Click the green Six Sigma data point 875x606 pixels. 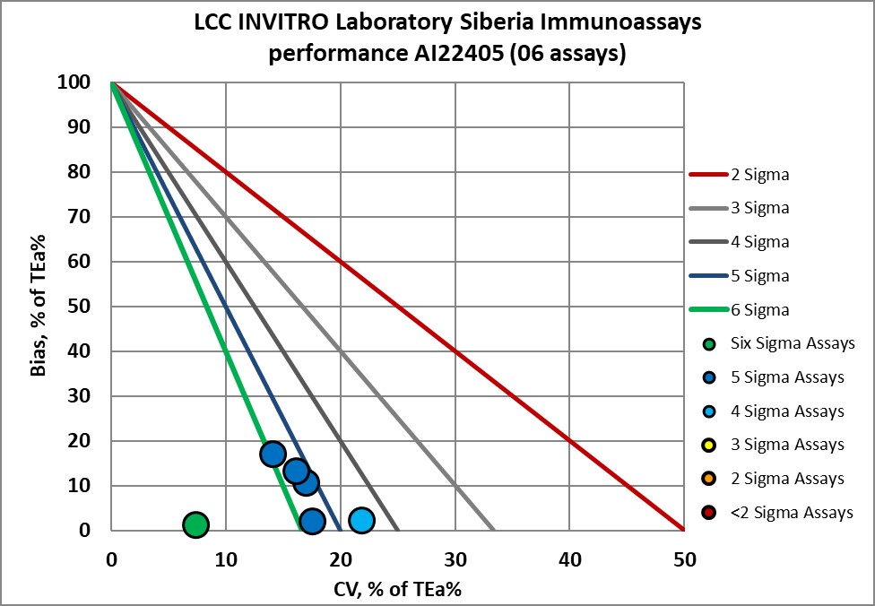tap(195, 524)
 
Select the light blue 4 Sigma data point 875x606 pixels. tap(360, 521)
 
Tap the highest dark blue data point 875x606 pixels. tap(273, 454)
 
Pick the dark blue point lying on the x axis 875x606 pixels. tap(311, 522)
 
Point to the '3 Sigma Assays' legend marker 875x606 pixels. tap(708, 445)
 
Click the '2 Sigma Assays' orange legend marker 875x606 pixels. tap(708, 479)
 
